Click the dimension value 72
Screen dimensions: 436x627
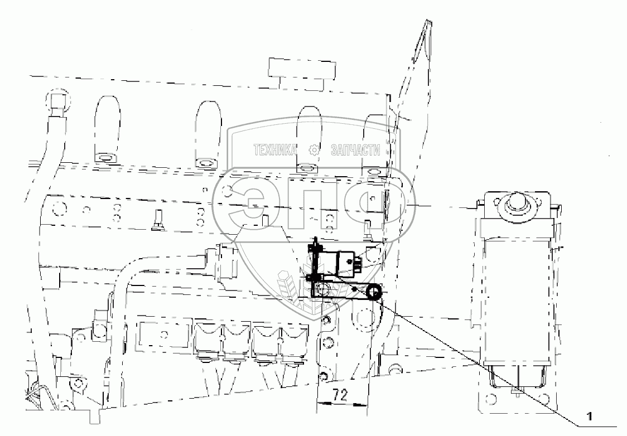pyautogui.click(x=341, y=395)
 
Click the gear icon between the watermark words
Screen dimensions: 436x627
pyautogui.click(x=314, y=150)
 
